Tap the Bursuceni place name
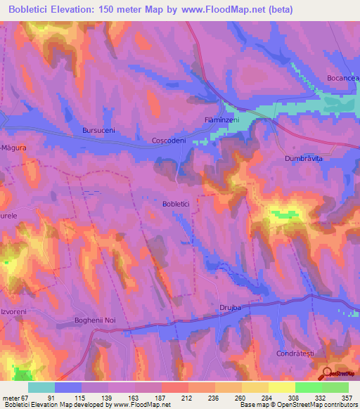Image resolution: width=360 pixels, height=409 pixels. pos(98,131)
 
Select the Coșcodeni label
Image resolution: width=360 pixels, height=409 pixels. pos(169,141)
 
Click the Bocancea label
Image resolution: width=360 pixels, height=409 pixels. pos(342,78)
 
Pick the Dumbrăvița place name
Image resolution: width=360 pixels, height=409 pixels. pos(304,160)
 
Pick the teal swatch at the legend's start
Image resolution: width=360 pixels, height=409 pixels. pos(41,387)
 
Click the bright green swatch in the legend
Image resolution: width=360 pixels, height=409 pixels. pos(308,387)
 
